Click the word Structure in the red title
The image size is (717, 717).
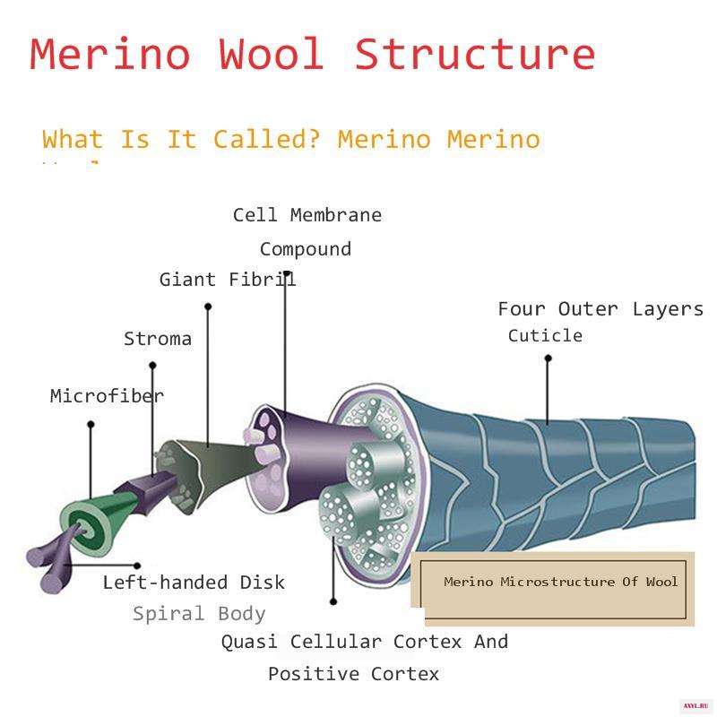[x=475, y=54]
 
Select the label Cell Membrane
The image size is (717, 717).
[x=307, y=215]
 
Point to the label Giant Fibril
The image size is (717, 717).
[x=228, y=279]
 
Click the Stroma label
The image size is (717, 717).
[x=158, y=339]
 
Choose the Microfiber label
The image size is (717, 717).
[x=107, y=395]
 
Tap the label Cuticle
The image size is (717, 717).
[x=545, y=335]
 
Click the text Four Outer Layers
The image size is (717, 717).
[x=600, y=309]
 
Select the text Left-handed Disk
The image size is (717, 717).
[x=194, y=583]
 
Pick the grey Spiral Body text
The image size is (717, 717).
[x=199, y=614]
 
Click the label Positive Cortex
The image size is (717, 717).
[x=354, y=674]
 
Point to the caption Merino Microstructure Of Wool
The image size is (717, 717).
[x=561, y=582]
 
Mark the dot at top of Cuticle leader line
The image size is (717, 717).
[x=549, y=358]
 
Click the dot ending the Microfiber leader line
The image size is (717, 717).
[x=91, y=425]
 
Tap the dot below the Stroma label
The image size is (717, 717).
[x=152, y=365]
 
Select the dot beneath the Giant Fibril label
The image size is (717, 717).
[x=208, y=307]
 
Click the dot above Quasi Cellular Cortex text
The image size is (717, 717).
[x=333, y=602]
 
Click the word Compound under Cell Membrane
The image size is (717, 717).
[x=306, y=249]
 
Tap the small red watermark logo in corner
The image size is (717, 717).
[x=695, y=705]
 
